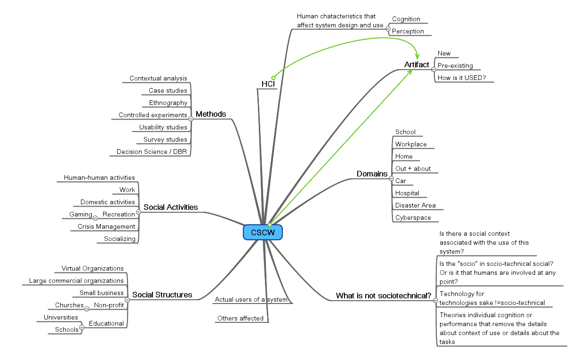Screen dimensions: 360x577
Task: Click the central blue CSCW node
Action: [x=263, y=232]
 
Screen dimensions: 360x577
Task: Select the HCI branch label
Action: [x=268, y=84]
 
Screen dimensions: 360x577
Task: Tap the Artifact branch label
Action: [x=417, y=64]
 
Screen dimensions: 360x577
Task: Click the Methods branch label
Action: [x=211, y=114]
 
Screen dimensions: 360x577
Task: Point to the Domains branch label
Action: [x=372, y=174]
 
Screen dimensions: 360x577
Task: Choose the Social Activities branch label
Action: [x=170, y=207]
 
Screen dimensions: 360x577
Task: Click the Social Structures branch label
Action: [x=162, y=295]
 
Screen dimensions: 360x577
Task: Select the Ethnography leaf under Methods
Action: [x=168, y=103]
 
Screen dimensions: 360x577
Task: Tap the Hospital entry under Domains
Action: [x=407, y=193]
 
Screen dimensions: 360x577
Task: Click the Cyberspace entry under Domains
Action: [x=413, y=217]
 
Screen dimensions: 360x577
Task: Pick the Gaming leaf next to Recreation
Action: [x=80, y=214]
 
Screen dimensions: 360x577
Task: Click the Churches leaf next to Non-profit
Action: [x=69, y=305]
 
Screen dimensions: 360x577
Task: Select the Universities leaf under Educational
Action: [x=61, y=317]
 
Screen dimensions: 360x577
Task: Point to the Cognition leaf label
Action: [x=406, y=19]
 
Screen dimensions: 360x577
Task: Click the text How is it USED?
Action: [x=461, y=78]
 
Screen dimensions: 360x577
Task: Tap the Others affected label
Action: [x=240, y=318]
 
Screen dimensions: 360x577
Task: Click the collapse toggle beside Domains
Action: [x=391, y=179]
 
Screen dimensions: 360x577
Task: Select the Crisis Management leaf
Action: [x=106, y=226]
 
